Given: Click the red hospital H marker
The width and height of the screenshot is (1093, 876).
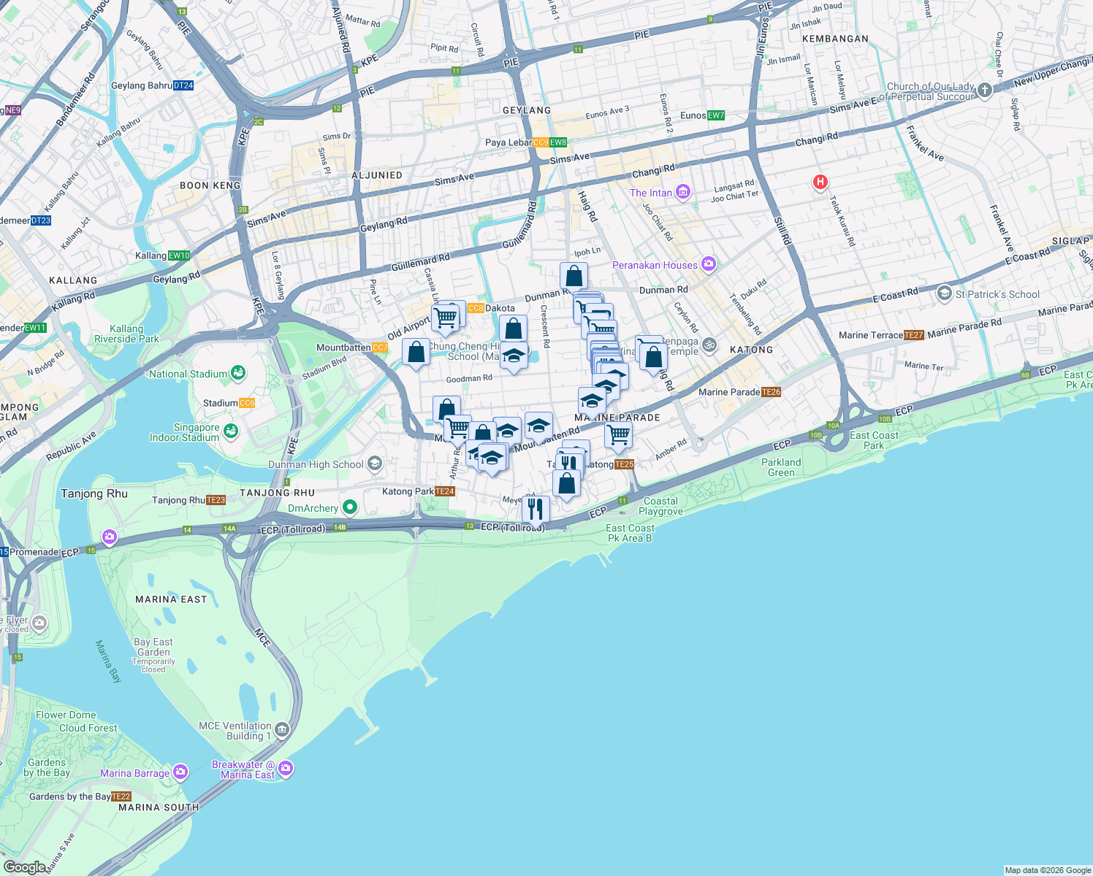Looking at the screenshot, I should tap(820, 182).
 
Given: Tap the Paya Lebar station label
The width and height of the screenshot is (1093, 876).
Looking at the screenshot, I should tap(509, 142).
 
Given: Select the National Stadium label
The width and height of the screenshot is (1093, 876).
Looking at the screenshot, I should tap(188, 374).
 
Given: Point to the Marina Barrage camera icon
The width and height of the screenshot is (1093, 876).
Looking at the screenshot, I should tap(180, 772).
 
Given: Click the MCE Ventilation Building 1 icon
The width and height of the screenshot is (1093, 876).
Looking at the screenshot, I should tap(283, 729).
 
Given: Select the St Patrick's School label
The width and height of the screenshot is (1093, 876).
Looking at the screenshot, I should tap(997, 294).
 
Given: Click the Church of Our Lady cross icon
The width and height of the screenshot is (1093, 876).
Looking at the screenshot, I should tap(985, 90).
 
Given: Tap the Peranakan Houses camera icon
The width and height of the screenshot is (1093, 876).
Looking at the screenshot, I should tap(708, 264).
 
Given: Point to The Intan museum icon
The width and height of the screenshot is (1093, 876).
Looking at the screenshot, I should tap(683, 192).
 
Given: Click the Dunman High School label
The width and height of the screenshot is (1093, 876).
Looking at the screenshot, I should tap(316, 464).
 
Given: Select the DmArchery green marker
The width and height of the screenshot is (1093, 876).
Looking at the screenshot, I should tap(350, 507).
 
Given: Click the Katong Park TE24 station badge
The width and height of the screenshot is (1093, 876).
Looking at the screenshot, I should tap(446, 491).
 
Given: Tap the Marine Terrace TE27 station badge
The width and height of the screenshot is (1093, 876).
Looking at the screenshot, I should tap(913, 335).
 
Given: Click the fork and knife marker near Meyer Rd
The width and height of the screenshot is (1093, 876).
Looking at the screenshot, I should tap(536, 510).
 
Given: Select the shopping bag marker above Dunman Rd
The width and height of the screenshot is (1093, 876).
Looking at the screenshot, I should tap(574, 276).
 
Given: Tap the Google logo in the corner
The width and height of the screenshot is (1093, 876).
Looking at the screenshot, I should tap(24, 867).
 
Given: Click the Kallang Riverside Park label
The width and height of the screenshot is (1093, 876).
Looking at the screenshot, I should tap(126, 334).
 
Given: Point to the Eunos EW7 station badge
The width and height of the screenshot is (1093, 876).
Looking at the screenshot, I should tap(715, 115).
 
